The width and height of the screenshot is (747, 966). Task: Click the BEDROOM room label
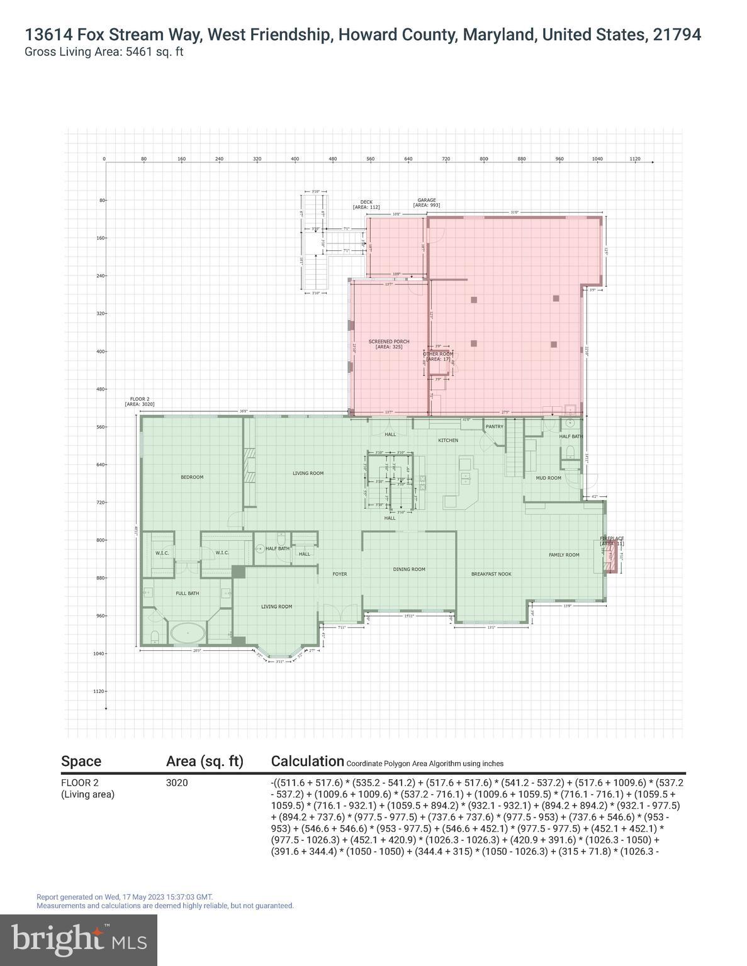coord(192,477)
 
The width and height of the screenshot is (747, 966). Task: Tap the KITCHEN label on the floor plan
coord(448,440)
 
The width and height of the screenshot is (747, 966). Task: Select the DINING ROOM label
coord(409,569)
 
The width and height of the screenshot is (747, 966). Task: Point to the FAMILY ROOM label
coord(564,555)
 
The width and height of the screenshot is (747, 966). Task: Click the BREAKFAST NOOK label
coord(491,574)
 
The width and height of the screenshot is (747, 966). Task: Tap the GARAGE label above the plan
coord(426,201)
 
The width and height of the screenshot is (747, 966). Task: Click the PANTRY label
coord(494,426)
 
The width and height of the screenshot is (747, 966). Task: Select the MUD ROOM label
coord(548,478)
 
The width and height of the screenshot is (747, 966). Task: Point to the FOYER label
coord(340,574)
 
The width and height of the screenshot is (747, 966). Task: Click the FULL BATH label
coord(187,593)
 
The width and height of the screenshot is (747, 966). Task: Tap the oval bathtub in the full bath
coord(187,633)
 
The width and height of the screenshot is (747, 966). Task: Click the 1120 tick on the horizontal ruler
coord(634,159)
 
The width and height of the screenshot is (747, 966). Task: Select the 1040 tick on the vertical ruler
coord(98,653)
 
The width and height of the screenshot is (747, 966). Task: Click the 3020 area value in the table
coord(177,783)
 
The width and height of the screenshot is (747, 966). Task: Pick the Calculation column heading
coord(307,761)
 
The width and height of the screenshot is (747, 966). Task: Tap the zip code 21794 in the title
coord(677,35)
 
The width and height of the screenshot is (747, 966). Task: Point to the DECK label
coord(367,202)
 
